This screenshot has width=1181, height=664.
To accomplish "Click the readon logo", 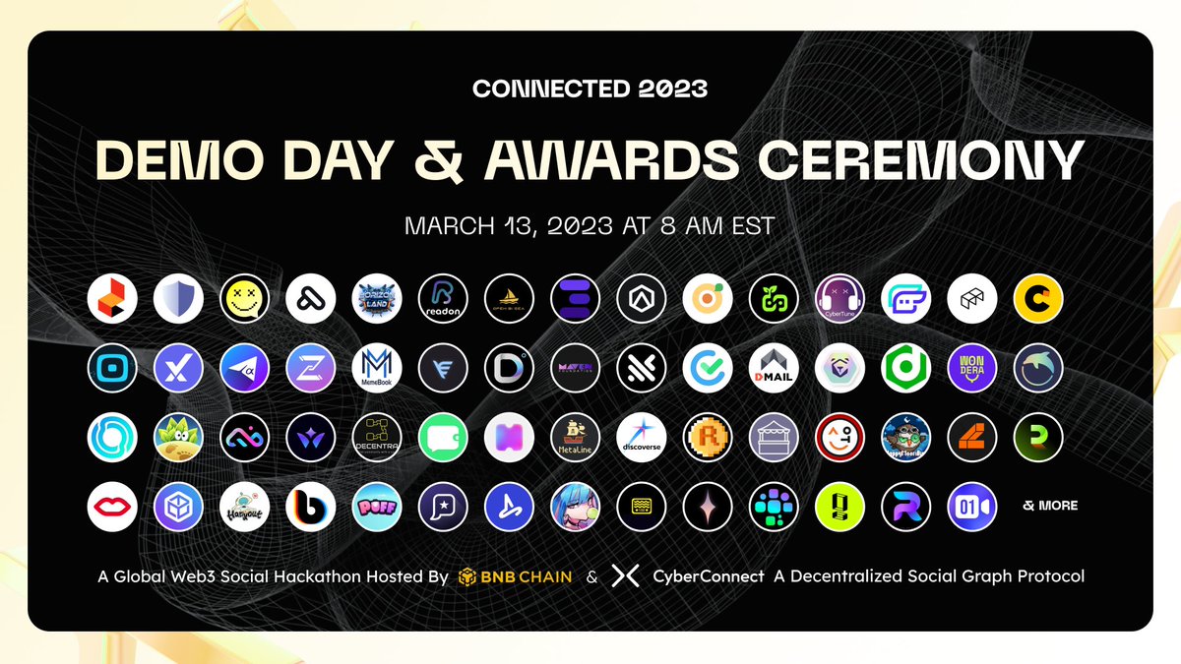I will coord(442,299).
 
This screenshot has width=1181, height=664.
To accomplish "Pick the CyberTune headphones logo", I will coord(839,299).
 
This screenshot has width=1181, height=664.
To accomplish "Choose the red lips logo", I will coord(111,506).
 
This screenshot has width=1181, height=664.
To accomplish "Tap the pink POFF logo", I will coord(376,506).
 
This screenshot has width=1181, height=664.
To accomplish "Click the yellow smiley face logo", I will coord(244,299).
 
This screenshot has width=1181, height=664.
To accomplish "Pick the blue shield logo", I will coord(178,299).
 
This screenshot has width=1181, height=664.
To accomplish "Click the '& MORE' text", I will coord(1050,506).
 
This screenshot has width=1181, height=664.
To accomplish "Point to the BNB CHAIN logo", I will coord(515,576).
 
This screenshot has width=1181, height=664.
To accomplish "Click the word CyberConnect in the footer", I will coord(709,576).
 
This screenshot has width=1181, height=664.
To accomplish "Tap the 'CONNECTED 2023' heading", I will coord(590,89).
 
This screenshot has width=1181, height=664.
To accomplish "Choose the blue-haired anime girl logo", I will coord(575,506).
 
